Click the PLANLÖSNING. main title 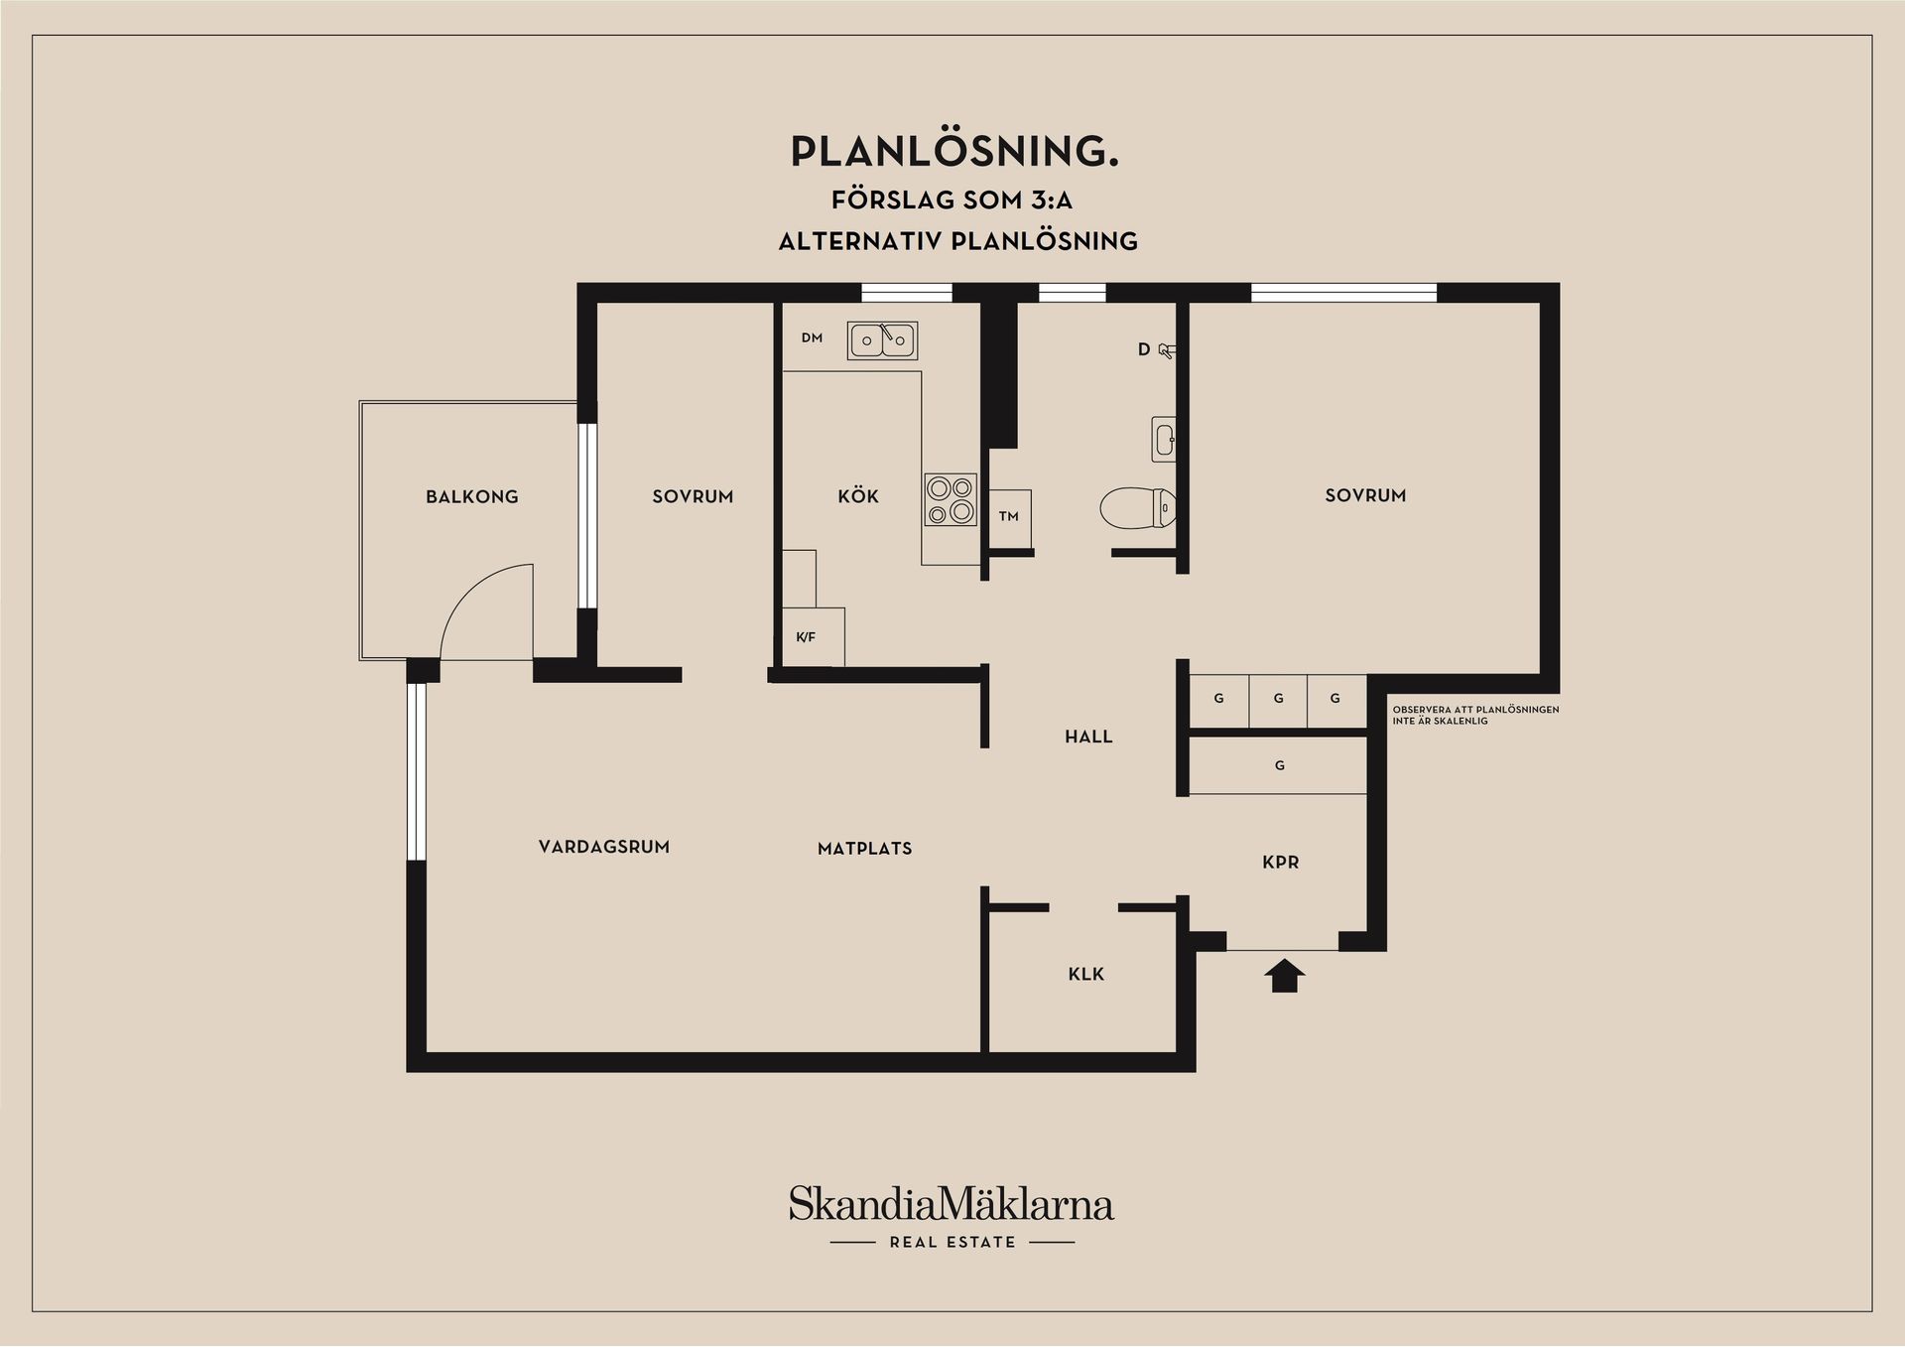[x=954, y=151]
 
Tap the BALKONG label [x=472, y=496]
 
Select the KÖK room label [x=858, y=495]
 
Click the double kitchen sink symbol [x=882, y=340]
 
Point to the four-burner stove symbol [x=951, y=499]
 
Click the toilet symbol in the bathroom [x=1138, y=508]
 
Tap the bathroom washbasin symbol [x=1164, y=439]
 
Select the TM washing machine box [x=1010, y=519]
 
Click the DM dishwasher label [x=812, y=337]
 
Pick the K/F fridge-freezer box [x=814, y=636]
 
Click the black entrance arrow [x=1284, y=976]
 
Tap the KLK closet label [x=1086, y=974]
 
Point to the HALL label [x=1088, y=737]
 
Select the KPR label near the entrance [x=1281, y=863]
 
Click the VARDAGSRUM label [x=604, y=847]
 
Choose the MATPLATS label [x=865, y=849]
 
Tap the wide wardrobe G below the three [x=1278, y=765]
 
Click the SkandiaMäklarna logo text [x=952, y=1204]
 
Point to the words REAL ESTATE [x=952, y=1242]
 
